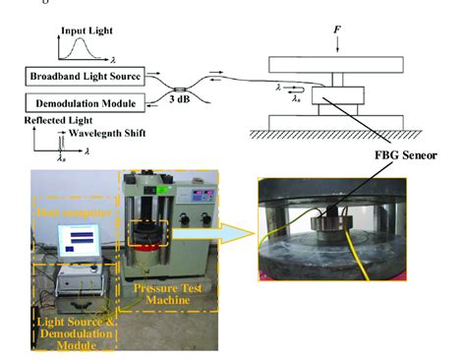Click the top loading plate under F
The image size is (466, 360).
click(336, 65)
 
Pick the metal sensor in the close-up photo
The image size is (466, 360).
click(344, 241)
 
